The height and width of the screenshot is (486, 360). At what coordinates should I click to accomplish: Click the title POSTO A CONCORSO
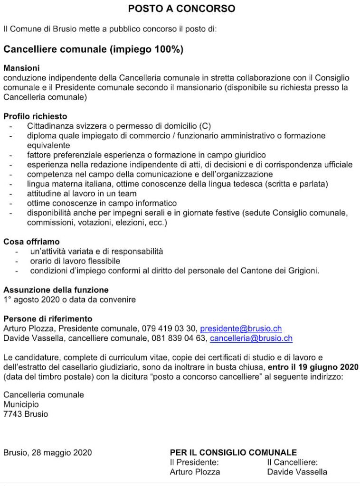pyautogui.click(x=181, y=9)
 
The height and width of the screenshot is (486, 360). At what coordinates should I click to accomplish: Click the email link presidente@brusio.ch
pyautogui.click(x=241, y=328)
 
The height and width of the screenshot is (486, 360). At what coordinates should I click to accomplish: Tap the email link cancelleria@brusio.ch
pyautogui.click(x=251, y=338)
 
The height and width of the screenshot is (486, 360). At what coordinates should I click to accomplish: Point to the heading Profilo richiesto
pyautogui.click(x=35, y=116)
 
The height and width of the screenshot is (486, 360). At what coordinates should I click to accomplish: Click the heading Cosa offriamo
pyautogui.click(x=31, y=242)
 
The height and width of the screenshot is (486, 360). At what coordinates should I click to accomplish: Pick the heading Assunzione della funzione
pyautogui.click(x=56, y=290)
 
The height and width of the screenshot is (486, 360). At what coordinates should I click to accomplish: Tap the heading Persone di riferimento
pyautogui.click(x=48, y=318)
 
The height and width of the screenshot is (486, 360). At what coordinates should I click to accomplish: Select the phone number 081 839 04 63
pyautogui.click(x=179, y=338)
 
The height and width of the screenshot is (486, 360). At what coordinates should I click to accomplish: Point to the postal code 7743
pyautogui.click(x=12, y=414)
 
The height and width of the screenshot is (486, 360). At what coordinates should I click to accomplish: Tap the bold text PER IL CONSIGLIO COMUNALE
pyautogui.click(x=233, y=452)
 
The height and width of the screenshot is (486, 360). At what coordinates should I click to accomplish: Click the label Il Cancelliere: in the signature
pyautogui.click(x=293, y=462)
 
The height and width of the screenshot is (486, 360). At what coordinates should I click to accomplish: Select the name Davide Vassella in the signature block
pyautogui.click(x=297, y=472)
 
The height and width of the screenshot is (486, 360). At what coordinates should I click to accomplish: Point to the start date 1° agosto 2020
pyautogui.click(x=32, y=299)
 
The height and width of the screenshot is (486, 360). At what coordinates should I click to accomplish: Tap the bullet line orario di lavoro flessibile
pyautogui.click(x=75, y=261)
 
